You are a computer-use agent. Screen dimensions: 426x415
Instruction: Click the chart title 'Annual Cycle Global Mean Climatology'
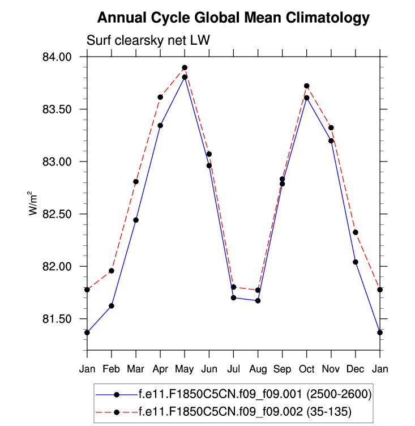pos(233,18)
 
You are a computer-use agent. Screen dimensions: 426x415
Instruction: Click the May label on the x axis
pos(185,369)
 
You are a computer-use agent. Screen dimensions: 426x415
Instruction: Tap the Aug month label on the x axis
pos(258,369)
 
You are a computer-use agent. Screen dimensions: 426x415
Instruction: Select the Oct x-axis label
pos(307,369)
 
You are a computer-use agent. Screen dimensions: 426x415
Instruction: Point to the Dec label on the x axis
pos(356,369)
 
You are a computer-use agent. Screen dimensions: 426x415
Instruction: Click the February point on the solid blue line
pos(112,306)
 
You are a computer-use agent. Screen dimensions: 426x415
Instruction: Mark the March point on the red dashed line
pos(136,182)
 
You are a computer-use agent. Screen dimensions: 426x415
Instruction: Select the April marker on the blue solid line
pos(160,125)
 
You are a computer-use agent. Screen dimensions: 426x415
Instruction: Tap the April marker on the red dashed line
pos(160,97)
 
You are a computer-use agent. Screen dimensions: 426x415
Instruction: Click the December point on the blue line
pos(356,262)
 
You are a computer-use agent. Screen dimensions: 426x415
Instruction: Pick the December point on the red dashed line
pos(356,232)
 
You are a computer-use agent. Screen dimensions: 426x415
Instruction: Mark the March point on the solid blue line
pos(136,220)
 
